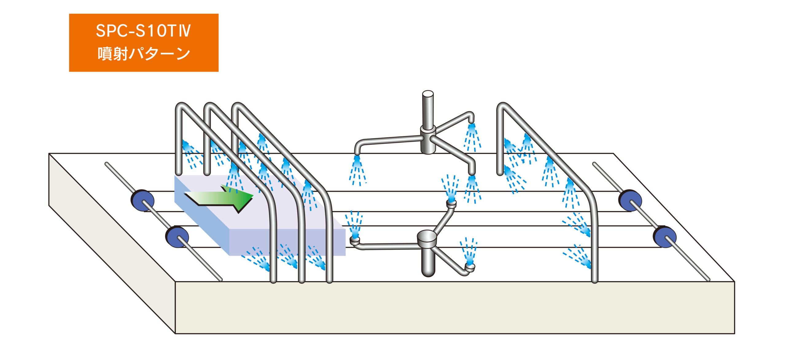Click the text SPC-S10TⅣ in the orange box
(x=143, y=31)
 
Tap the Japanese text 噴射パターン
(x=143, y=54)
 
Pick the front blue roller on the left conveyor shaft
(x=177, y=237)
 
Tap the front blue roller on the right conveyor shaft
(x=664, y=237)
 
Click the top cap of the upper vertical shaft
(x=428, y=93)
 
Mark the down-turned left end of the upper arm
(x=357, y=151)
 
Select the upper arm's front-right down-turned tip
(x=472, y=171)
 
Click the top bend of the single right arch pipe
(x=504, y=107)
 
